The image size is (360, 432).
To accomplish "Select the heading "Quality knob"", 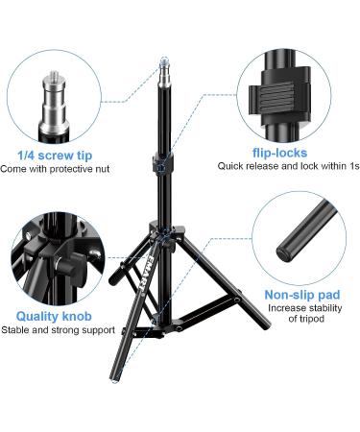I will pyautogui.click(x=54, y=315).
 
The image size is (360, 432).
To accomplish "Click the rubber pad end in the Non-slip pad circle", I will pyautogui.click(x=286, y=252).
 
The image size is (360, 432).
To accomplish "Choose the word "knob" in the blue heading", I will pyautogui.click(x=77, y=315).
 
